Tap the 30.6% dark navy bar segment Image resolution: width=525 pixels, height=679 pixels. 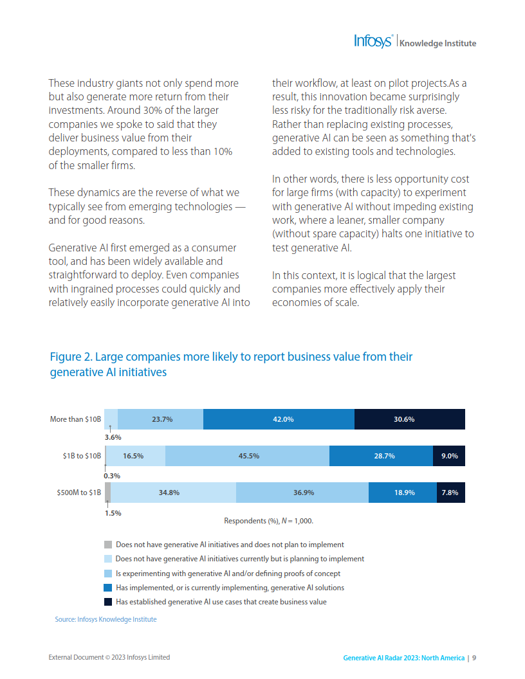[409, 419]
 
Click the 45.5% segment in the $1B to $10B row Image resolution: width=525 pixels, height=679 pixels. [247, 456]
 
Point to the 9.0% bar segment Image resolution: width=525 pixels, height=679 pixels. [449, 456]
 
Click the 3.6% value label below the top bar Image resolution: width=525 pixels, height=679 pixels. [113, 437]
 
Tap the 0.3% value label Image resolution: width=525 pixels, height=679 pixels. [113, 476]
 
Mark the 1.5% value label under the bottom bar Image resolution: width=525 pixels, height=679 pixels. [113, 513]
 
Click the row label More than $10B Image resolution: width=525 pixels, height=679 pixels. [75, 419]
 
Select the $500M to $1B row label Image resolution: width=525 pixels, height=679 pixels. [78, 493]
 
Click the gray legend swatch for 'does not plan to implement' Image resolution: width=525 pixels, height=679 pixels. [108, 545]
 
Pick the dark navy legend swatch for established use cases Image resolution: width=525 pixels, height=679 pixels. [108, 602]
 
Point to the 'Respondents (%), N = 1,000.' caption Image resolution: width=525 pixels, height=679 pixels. [268, 521]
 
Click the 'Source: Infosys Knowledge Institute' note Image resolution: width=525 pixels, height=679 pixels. [106, 619]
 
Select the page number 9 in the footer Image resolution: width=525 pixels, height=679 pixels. [474, 658]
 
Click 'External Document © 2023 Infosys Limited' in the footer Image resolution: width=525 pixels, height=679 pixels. [109, 657]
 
